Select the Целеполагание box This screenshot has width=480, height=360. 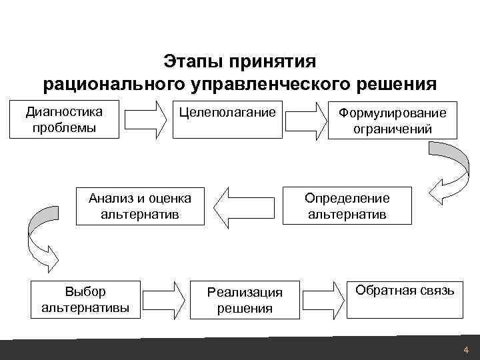point(227,119)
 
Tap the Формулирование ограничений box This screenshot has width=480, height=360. point(393,120)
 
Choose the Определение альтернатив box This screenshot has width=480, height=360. point(347,206)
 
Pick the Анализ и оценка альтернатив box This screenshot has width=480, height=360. point(140,206)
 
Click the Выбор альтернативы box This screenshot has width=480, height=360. point(85,299)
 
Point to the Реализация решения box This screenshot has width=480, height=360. point(245,299)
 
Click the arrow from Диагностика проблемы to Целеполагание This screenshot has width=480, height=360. point(146,119)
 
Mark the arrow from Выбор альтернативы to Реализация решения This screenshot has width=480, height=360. point(166,299)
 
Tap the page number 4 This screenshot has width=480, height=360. point(465,351)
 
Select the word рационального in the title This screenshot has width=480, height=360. point(112,85)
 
